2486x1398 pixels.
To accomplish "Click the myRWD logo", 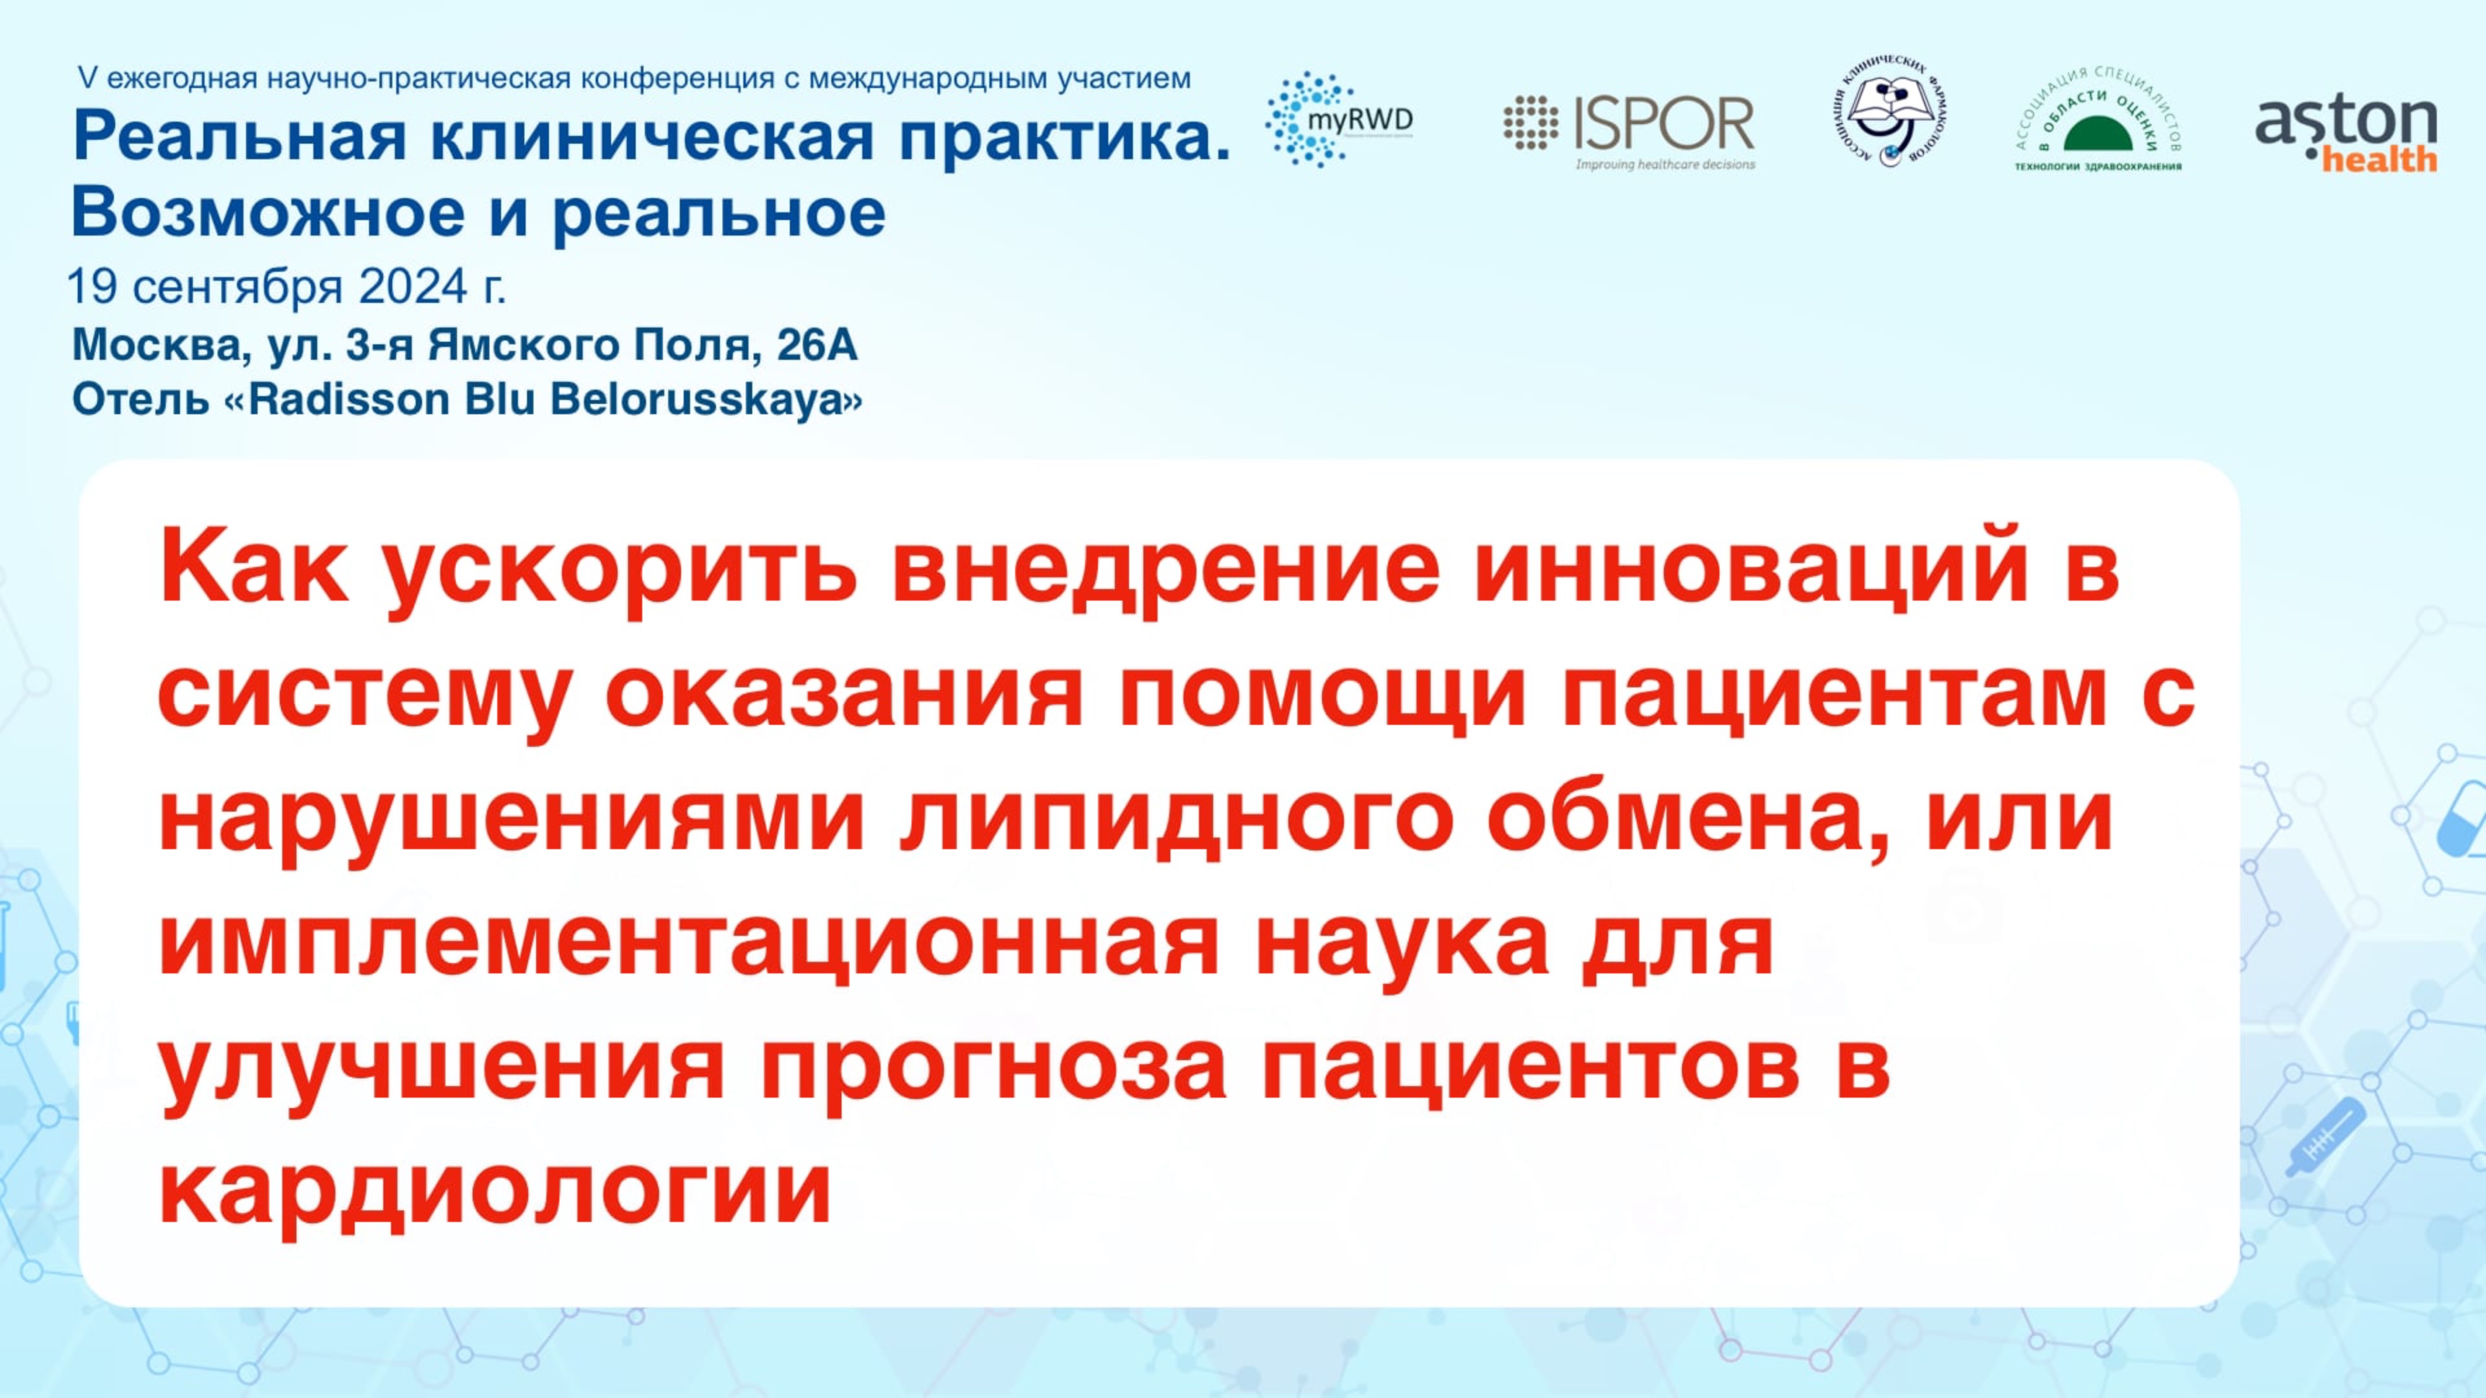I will coord(1339,120).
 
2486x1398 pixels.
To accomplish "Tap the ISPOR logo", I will coord(1629,130).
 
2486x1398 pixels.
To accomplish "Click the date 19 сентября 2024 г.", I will coord(287,287).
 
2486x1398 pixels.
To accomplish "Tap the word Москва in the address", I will coord(155,344).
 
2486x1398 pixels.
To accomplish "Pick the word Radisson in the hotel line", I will coord(350,399).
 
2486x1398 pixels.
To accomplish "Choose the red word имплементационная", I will coord(689,944).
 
